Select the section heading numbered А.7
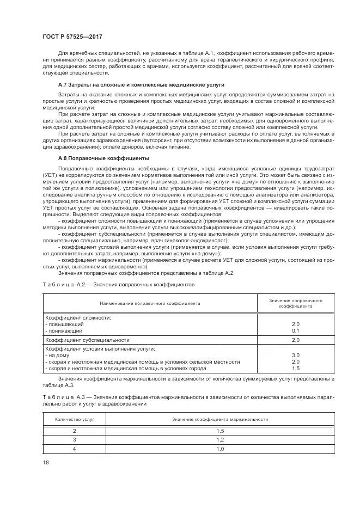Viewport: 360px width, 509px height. (x=141, y=86)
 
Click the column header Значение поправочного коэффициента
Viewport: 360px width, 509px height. (x=296, y=303)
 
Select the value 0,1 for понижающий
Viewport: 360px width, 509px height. (x=296, y=330)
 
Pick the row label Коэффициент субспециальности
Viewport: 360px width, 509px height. (x=83, y=340)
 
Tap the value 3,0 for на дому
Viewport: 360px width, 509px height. (x=296, y=355)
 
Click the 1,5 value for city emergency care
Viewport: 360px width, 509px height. (x=296, y=368)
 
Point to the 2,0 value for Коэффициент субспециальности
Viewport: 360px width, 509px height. (x=296, y=340)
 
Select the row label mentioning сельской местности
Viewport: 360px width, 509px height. (x=143, y=361)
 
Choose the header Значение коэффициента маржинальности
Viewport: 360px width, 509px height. (x=219, y=419)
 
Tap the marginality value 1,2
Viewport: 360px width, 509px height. (x=219, y=439)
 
